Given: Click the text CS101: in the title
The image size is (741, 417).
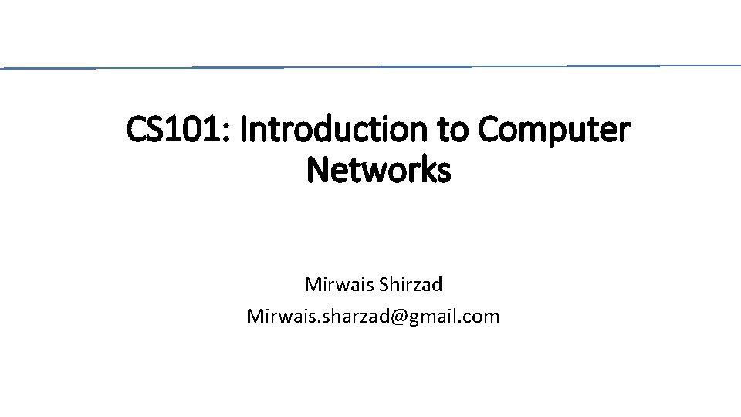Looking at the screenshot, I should [179, 131].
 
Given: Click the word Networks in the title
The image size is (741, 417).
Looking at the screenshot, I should [378, 171].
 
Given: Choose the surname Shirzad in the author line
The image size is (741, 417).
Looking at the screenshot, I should [411, 285].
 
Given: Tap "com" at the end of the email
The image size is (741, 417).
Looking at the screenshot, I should [483, 317].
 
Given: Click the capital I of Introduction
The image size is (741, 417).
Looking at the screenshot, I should [244, 131].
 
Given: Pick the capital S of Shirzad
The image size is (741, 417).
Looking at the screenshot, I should [384, 285].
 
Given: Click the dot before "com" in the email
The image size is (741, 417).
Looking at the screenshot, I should [463, 321].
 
